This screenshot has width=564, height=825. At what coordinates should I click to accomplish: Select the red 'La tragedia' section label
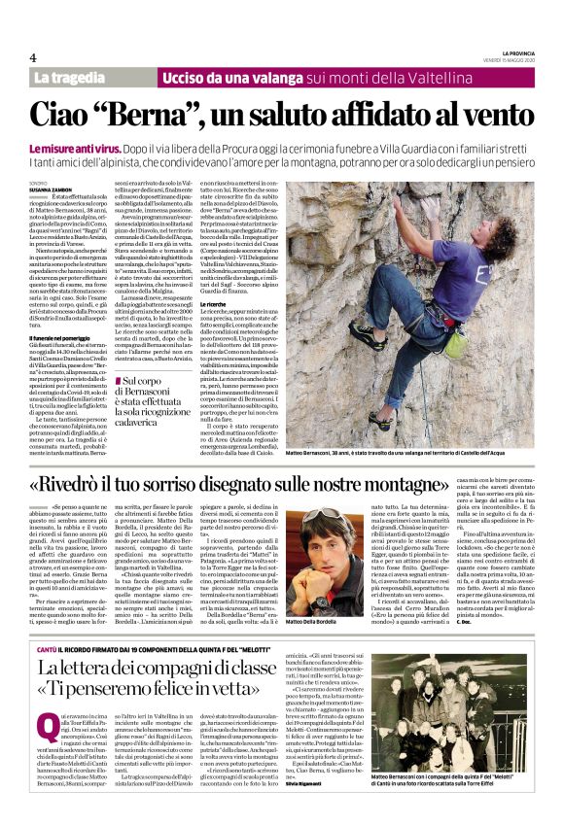pos(69,77)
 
